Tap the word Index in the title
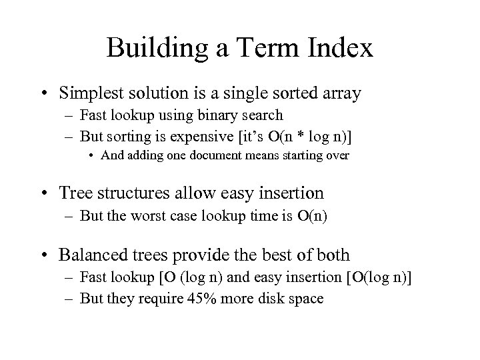341,49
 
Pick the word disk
273,298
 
